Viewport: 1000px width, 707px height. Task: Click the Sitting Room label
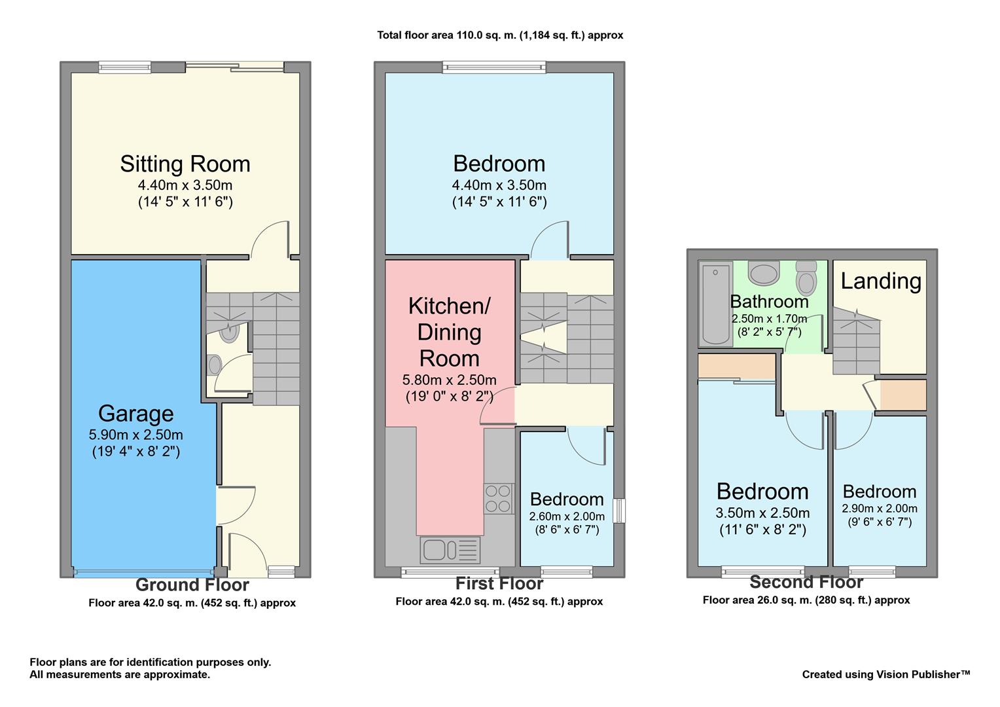[x=185, y=164]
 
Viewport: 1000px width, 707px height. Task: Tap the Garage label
[x=136, y=414]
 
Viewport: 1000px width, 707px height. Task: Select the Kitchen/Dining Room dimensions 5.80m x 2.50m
[x=449, y=380]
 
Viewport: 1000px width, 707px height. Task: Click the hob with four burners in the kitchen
[x=498, y=498]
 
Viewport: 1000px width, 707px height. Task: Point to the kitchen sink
[x=450, y=551]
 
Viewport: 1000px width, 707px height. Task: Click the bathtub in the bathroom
[x=715, y=304]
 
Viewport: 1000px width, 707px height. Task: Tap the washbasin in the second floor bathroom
[x=764, y=272]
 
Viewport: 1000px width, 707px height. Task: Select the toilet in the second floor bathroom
[x=806, y=278]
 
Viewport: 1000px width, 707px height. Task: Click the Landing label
[x=881, y=281]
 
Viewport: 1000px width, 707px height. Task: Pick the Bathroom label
[x=769, y=302]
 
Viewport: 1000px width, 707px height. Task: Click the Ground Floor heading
[x=192, y=585]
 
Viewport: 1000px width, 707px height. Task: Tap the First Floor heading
[x=499, y=583]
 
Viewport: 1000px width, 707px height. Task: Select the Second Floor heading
[x=806, y=582]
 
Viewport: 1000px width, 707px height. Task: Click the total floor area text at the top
[x=500, y=35]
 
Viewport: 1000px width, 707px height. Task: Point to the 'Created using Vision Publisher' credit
[x=886, y=674]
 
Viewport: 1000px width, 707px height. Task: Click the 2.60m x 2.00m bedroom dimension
[x=567, y=517]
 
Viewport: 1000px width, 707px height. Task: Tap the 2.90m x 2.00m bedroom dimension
[x=880, y=509]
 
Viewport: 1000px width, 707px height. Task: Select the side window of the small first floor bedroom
[x=619, y=511]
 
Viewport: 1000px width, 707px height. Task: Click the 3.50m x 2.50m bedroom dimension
[x=762, y=513]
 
